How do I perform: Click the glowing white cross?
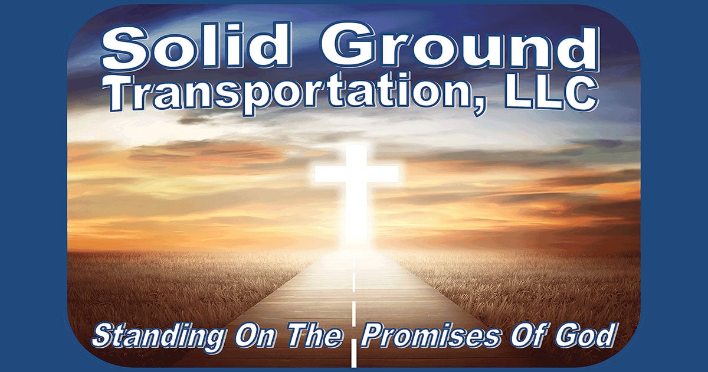click(356, 189)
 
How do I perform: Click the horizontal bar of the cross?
click(356, 174)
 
